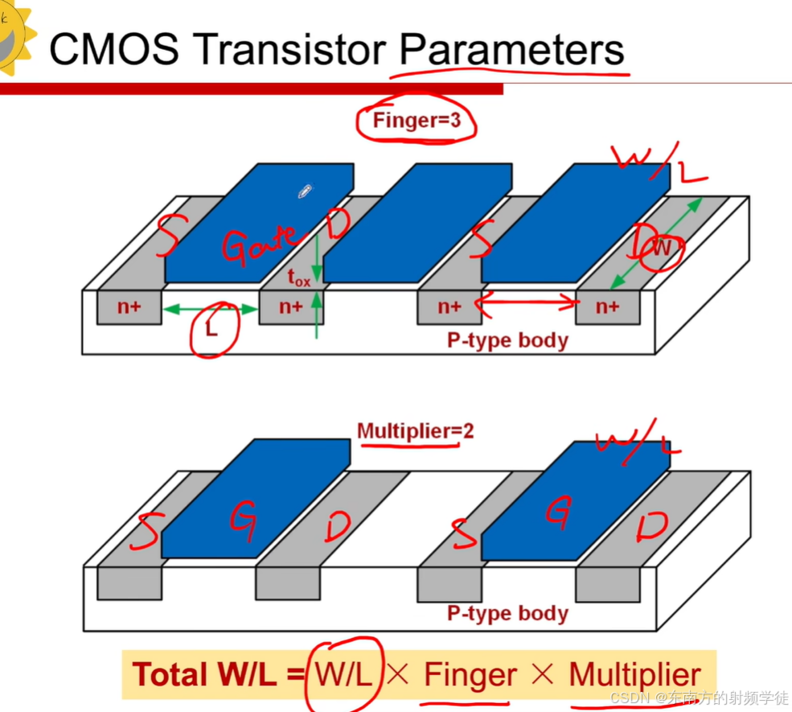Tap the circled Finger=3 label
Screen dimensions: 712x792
(416, 121)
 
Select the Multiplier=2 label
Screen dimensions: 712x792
(415, 430)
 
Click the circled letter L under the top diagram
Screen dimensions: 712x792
(212, 330)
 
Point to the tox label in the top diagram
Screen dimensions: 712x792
(298, 278)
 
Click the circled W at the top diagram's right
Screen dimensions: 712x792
(660, 249)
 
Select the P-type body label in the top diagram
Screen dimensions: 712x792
(507, 340)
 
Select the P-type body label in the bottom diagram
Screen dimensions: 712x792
(507, 613)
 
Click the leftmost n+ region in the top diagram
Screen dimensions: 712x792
(129, 307)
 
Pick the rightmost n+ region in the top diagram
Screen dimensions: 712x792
(608, 307)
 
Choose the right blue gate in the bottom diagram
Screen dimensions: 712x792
(575, 499)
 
